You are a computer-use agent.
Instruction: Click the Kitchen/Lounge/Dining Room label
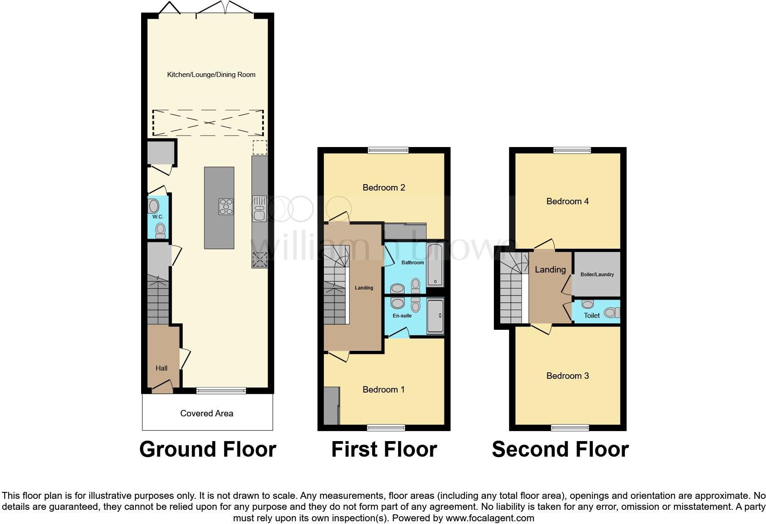[x=211, y=75]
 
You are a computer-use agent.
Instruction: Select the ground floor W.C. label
[x=158, y=217]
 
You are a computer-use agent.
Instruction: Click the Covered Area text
[x=207, y=413]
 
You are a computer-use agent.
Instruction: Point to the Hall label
[x=161, y=368]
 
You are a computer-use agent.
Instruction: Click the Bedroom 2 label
[x=383, y=187]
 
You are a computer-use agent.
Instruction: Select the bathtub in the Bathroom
[x=434, y=265]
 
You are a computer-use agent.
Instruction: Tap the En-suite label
[x=402, y=316]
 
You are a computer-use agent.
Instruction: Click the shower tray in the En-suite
[x=435, y=316]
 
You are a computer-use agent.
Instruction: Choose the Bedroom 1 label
[x=383, y=389]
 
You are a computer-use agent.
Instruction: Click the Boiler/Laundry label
[x=597, y=274]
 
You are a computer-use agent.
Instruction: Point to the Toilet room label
[x=592, y=315]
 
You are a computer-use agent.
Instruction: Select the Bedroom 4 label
[x=567, y=201]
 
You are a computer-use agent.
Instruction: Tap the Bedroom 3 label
[x=567, y=376]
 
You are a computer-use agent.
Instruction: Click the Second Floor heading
[x=560, y=449]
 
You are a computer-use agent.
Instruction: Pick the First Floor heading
[x=384, y=449]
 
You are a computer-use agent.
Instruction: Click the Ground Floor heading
[x=208, y=449]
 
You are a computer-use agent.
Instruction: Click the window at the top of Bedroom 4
[x=572, y=150]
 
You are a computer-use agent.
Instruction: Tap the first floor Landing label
[x=364, y=288]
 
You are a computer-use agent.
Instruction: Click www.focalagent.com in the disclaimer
[x=490, y=518]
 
